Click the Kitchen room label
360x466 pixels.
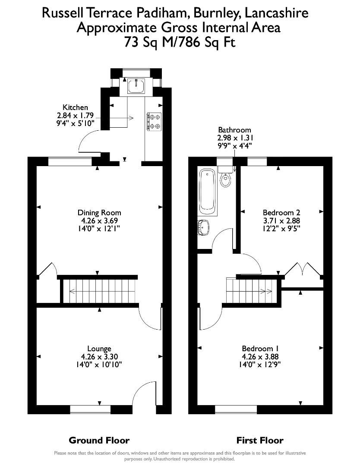tap(75, 107)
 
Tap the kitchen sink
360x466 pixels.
tap(136, 86)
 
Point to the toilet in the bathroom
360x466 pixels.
tap(225, 179)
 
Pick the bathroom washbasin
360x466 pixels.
tap(202, 227)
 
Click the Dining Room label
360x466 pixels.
tap(99, 213)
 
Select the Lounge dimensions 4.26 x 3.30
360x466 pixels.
tap(99, 357)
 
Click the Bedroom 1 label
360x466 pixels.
tap(257, 349)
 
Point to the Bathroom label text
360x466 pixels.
tap(234, 130)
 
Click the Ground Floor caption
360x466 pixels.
tap(99, 441)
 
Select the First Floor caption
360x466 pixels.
tap(260, 441)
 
